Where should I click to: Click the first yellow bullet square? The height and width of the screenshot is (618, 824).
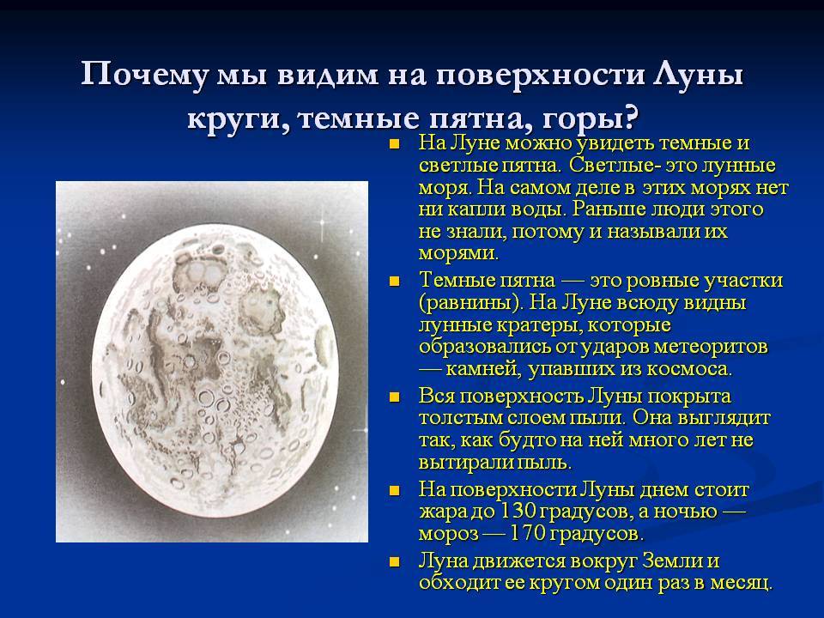point(395,144)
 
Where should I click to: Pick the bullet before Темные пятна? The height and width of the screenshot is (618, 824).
point(395,282)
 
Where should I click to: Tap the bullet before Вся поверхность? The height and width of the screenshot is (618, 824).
point(395,397)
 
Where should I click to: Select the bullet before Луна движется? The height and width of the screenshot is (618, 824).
point(395,562)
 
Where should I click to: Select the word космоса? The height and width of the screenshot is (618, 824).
point(689,369)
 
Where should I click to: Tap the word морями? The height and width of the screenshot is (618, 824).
point(458,254)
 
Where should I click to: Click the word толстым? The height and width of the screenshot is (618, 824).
point(460,418)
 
